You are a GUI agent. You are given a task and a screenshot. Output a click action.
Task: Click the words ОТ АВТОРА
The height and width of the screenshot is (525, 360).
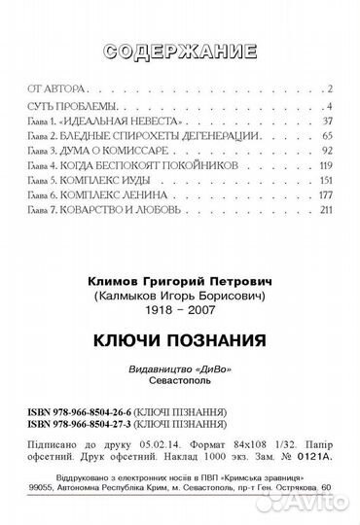pyautogui.click(x=45, y=88)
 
